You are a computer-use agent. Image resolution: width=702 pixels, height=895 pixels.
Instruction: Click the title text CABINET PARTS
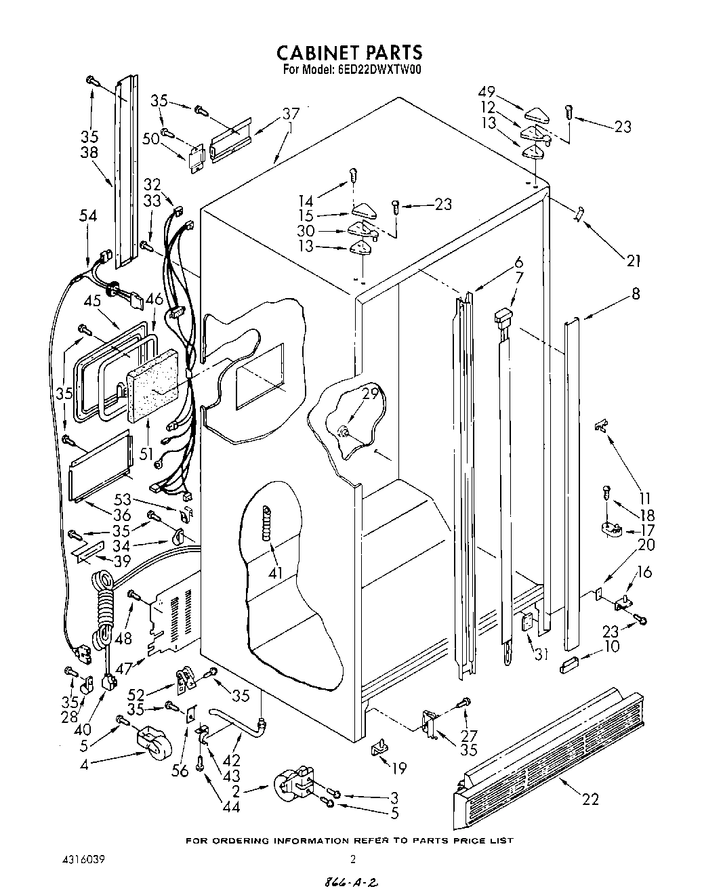[350, 52]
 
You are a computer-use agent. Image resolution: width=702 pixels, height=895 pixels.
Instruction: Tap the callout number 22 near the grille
[590, 799]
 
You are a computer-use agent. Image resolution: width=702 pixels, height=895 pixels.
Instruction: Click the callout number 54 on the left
[88, 216]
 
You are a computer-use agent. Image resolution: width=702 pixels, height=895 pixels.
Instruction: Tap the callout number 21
[634, 260]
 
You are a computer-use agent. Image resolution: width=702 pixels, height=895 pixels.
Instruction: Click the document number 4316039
[85, 860]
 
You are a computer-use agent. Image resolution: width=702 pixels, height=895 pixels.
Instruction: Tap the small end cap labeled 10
[571, 665]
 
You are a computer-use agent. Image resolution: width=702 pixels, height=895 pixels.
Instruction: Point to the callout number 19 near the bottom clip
[399, 768]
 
